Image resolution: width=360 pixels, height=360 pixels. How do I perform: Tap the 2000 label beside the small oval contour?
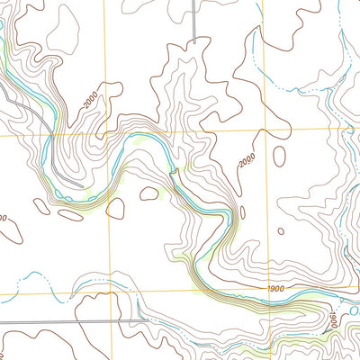(x=248, y=162)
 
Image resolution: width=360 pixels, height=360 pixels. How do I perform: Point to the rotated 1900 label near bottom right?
(x=330, y=319)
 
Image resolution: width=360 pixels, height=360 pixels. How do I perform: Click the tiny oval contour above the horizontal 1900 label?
(x=280, y=230)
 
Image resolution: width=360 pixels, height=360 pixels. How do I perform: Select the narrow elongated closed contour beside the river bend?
(x=242, y=212)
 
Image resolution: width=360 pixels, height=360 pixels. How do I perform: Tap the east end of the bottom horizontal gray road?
(x=122, y=321)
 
